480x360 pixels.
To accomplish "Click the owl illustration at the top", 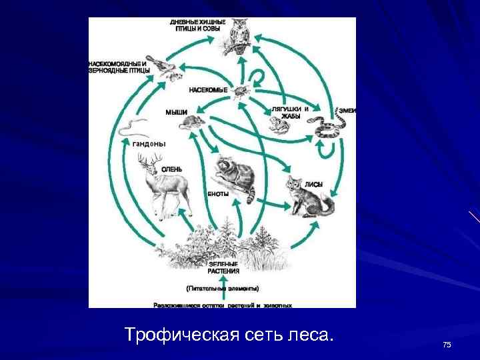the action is pyautogui.click(x=238, y=37).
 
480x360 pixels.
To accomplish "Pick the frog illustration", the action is pyautogui.click(x=275, y=125).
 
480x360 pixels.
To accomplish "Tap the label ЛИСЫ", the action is pyautogui.click(x=314, y=183).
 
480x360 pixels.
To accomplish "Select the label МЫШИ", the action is pyautogui.click(x=176, y=112).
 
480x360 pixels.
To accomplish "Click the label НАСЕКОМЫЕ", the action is pyautogui.click(x=208, y=89).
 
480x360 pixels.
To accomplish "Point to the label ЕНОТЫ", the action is pyautogui.click(x=218, y=193).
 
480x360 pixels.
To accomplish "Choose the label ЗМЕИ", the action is pyautogui.click(x=347, y=110).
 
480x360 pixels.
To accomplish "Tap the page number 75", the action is pyautogui.click(x=447, y=344).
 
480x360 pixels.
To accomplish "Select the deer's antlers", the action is pyautogui.click(x=151, y=160).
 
